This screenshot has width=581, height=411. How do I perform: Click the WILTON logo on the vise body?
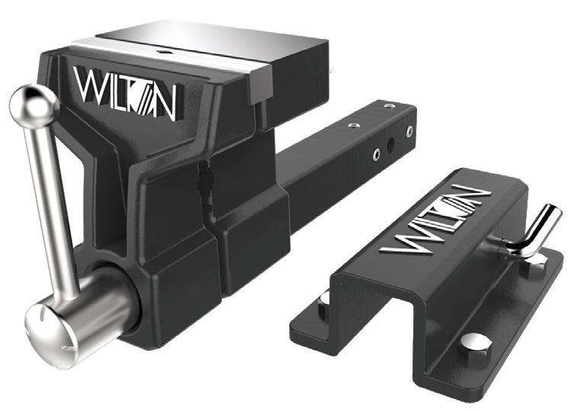[125, 93]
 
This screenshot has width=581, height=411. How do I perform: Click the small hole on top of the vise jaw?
[162, 53]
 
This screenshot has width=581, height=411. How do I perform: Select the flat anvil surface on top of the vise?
[211, 40]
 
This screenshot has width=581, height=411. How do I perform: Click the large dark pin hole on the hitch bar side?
[391, 145]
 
